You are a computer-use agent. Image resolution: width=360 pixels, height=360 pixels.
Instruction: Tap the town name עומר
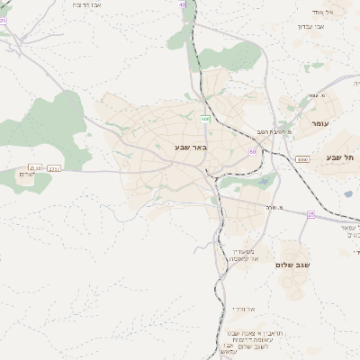319,122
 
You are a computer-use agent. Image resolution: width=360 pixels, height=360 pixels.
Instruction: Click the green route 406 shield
206,118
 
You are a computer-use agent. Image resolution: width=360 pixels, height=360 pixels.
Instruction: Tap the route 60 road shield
253,151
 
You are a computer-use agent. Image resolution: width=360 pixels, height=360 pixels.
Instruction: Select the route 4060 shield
301,159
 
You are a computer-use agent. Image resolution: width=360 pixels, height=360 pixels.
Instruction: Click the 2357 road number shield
54,167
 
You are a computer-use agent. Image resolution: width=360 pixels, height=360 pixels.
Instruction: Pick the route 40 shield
183,4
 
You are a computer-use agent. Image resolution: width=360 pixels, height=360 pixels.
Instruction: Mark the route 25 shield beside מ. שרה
310,214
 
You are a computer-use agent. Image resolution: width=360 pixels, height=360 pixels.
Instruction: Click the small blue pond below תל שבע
348,193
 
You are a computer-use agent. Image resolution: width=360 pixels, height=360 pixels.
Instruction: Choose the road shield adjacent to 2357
35,167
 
